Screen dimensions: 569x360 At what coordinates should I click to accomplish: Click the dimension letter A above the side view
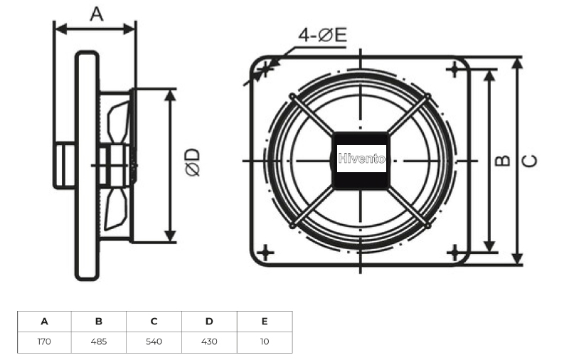[97, 14]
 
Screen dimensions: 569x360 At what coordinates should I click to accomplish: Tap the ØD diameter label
[193, 162]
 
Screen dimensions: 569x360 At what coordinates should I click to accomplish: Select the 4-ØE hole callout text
[323, 35]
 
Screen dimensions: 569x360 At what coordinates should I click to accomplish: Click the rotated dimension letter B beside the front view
[503, 160]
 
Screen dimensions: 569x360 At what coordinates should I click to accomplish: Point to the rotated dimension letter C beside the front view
[529, 161]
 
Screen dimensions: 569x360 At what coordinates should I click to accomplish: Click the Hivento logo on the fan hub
[361, 159]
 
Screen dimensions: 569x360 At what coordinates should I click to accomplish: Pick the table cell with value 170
[44, 342]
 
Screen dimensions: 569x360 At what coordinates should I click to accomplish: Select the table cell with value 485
[99, 342]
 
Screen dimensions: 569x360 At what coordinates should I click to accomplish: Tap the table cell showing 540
[154, 342]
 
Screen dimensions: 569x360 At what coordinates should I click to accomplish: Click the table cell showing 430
[209, 342]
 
